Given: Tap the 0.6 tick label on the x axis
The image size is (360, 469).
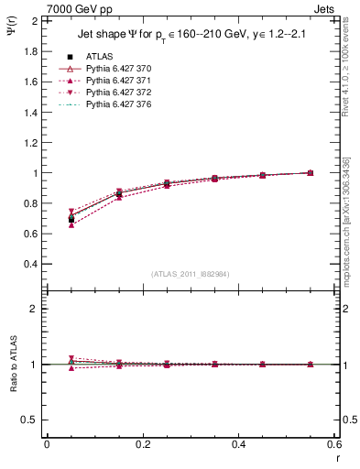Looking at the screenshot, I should pyautogui.click(x=333, y=443).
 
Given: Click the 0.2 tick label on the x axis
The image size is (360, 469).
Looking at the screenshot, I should pyautogui.click(x=142, y=443).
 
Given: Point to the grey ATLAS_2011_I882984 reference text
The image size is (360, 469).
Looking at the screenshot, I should pyautogui.click(x=191, y=274).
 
